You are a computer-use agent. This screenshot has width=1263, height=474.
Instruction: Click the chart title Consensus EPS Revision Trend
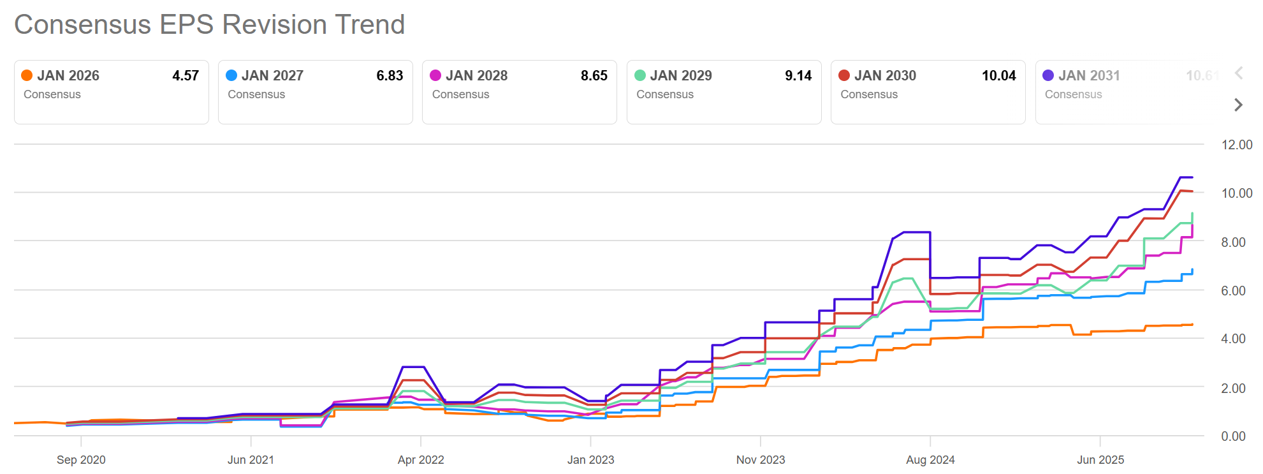(x=209, y=25)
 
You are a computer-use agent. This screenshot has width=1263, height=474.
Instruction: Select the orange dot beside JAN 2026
(x=27, y=75)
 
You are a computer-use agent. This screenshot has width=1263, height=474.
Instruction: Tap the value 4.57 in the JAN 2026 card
(x=186, y=75)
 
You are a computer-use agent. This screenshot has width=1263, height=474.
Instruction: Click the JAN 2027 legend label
(x=272, y=75)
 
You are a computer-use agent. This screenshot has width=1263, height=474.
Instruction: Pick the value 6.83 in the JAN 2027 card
(x=390, y=75)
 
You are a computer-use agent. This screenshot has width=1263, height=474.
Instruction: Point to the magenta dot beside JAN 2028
(x=435, y=75)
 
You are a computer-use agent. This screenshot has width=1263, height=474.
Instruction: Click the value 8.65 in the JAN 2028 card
(x=594, y=75)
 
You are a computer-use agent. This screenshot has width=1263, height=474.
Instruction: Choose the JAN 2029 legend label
(x=681, y=75)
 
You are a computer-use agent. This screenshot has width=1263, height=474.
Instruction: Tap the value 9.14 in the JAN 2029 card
(x=798, y=75)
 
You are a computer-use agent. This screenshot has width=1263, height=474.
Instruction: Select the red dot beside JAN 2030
(x=844, y=75)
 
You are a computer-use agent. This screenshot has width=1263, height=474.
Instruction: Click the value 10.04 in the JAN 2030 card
(x=998, y=75)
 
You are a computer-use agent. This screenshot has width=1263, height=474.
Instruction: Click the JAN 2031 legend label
(x=1089, y=75)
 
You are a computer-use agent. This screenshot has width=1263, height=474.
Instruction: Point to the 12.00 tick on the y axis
(x=1236, y=145)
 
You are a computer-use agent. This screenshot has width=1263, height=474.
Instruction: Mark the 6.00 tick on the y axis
(x=1233, y=291)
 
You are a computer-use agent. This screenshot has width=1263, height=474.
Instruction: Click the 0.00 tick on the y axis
(x=1233, y=436)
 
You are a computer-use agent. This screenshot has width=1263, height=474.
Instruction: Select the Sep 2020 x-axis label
(x=81, y=460)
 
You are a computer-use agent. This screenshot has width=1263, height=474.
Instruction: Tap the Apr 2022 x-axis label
(x=421, y=460)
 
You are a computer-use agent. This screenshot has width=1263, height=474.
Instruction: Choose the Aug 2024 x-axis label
(x=930, y=460)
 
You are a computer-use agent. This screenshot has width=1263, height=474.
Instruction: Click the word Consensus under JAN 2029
(x=664, y=94)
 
